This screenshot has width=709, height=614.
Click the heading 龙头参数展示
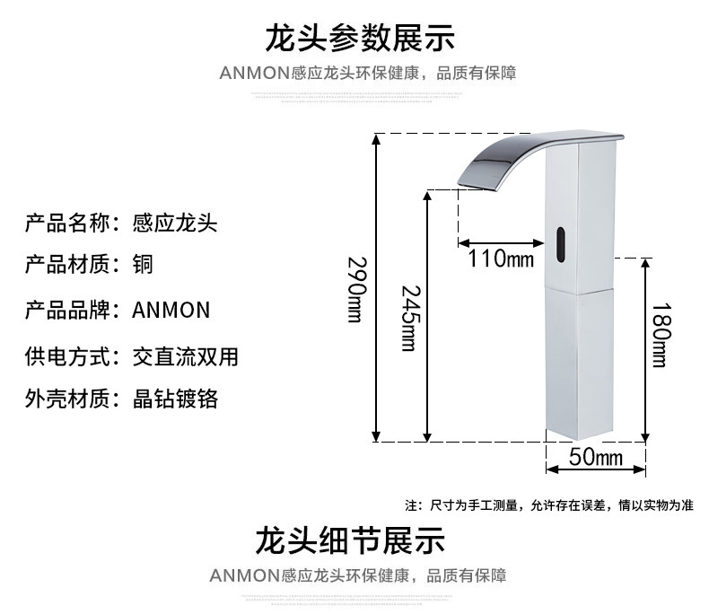pos(359,39)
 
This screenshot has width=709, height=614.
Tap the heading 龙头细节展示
pos(350,541)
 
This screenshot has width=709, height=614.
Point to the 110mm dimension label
pos(500,260)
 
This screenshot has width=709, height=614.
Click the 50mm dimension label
pos(596,458)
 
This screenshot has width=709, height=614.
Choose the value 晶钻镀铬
pos(174,399)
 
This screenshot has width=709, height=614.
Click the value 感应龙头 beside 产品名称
pos(174,221)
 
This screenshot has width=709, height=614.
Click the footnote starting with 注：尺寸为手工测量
pos(549,505)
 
